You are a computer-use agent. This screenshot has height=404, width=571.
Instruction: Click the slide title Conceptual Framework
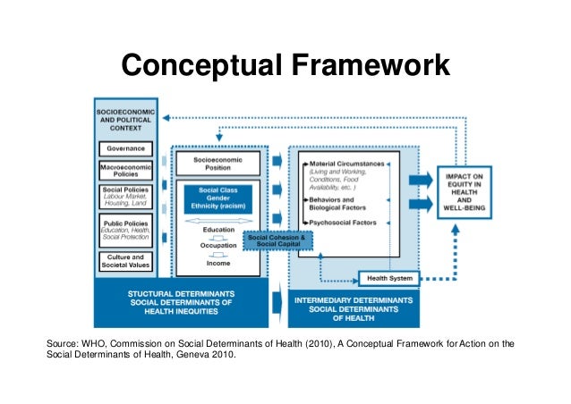point(285,65)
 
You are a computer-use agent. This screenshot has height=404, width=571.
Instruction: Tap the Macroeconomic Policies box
point(126,169)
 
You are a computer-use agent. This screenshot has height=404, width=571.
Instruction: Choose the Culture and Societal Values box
point(126,260)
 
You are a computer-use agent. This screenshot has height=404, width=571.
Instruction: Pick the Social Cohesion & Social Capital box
point(278,241)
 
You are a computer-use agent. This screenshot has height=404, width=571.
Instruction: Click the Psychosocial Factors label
point(345,223)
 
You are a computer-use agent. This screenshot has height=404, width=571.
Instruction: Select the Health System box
point(389,278)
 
